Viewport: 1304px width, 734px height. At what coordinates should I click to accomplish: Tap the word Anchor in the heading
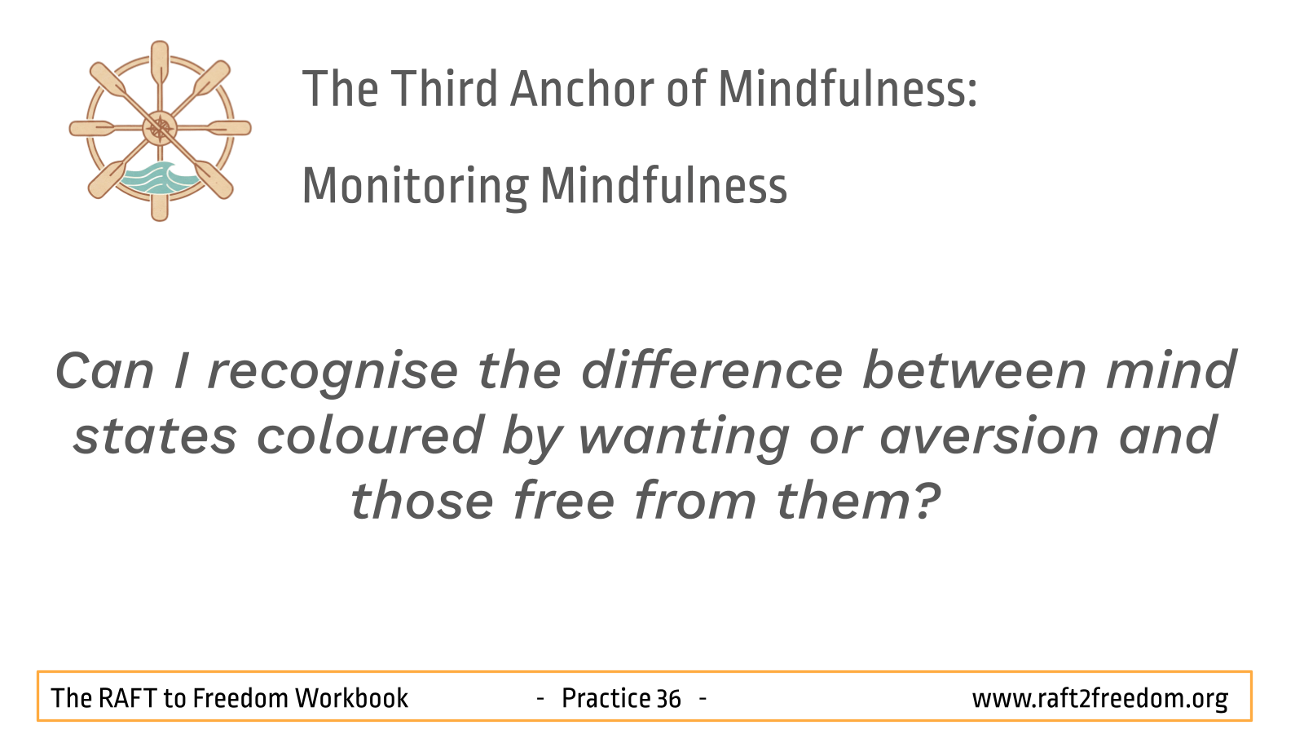[x=583, y=89]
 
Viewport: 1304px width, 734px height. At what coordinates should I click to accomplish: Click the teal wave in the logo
[x=157, y=178]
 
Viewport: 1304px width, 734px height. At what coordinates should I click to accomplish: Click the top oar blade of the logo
[x=160, y=60]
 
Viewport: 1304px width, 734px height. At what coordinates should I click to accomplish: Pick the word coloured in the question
[x=370, y=435]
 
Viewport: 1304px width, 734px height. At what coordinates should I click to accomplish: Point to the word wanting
[x=684, y=438]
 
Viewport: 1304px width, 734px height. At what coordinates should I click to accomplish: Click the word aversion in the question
[x=989, y=436]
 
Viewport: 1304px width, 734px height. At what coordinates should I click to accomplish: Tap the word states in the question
[x=155, y=437]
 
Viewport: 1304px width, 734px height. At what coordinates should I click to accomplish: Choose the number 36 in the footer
[x=668, y=699]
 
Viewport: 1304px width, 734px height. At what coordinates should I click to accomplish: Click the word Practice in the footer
[x=606, y=698]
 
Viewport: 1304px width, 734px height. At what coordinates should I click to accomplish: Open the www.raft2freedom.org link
[x=1099, y=699]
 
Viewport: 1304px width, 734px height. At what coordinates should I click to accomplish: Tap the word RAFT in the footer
[x=127, y=698]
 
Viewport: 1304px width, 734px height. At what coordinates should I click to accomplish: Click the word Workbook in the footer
[x=351, y=698]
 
